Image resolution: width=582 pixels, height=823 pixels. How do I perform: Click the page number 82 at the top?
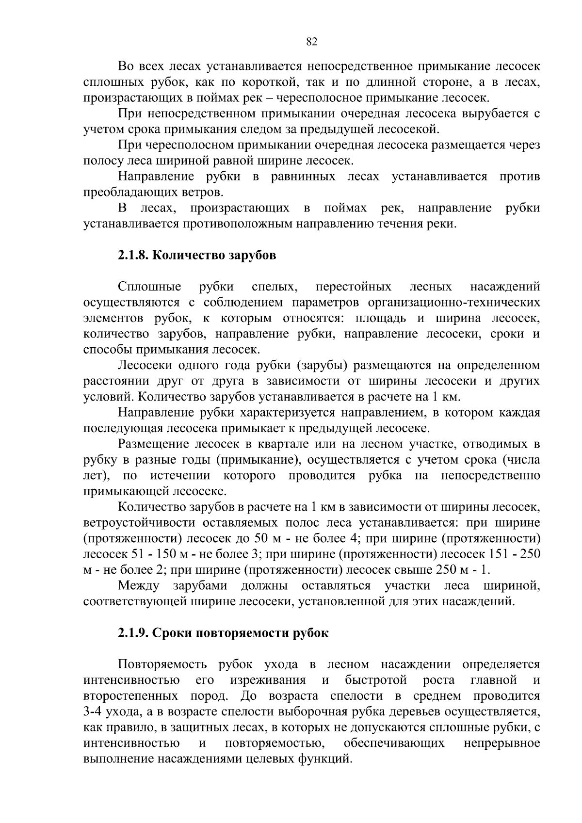pos(312,42)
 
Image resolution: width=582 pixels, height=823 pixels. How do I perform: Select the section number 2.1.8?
pos(133,256)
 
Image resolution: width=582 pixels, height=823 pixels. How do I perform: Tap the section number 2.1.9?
pos(133,633)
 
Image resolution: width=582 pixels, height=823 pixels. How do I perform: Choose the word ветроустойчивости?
pos(140,523)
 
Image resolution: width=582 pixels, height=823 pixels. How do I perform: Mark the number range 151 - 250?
pos(514,554)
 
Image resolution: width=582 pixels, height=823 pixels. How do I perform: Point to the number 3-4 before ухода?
pos(94,711)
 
